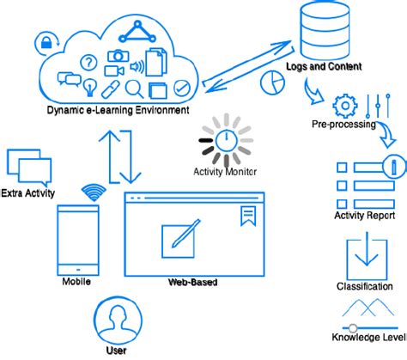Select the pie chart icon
[272, 82]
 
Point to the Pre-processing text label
[343, 125]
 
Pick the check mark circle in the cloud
[182, 88]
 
